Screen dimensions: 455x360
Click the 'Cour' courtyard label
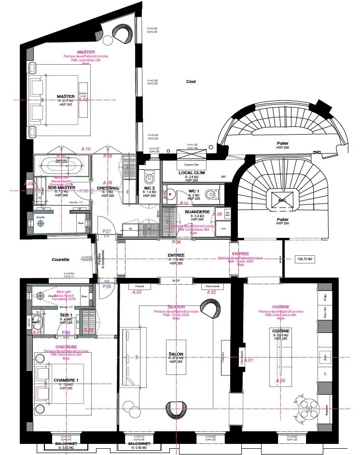click(191, 82)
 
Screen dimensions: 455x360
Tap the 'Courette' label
click(60, 259)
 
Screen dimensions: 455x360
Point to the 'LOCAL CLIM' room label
click(192, 173)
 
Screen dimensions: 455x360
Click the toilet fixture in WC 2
click(149, 175)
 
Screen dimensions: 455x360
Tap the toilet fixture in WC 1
click(211, 194)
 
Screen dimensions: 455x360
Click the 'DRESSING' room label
click(105, 188)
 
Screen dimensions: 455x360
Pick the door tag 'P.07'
click(107, 232)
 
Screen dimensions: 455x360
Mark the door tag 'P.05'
click(107, 286)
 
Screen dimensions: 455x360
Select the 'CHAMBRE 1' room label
click(66, 380)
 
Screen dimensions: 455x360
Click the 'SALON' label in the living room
click(176, 354)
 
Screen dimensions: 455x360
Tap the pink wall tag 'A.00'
click(280, 381)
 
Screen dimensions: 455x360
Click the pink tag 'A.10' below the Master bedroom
click(85, 149)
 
